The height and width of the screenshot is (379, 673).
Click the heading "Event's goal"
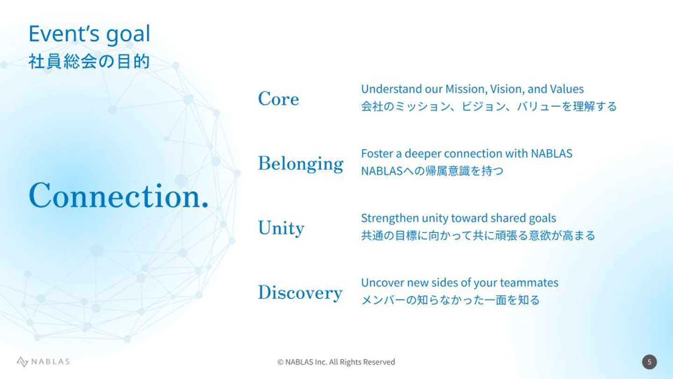point(89,34)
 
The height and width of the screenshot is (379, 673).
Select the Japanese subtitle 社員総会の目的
point(89,62)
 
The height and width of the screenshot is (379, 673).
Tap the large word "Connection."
point(119,196)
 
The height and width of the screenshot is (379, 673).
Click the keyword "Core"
point(279,99)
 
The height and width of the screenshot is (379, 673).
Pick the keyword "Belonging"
point(301,164)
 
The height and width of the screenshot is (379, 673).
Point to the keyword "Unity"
point(281,228)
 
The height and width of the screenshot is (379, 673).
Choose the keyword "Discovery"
point(300,292)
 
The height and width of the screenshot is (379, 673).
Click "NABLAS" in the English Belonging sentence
point(551,153)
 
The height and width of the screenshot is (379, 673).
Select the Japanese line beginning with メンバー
point(451,300)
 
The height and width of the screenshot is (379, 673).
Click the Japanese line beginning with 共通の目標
point(478,235)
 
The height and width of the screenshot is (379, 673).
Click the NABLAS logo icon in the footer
point(22,362)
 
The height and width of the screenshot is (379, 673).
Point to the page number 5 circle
point(649,362)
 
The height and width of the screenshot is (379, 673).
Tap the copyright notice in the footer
point(336,362)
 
